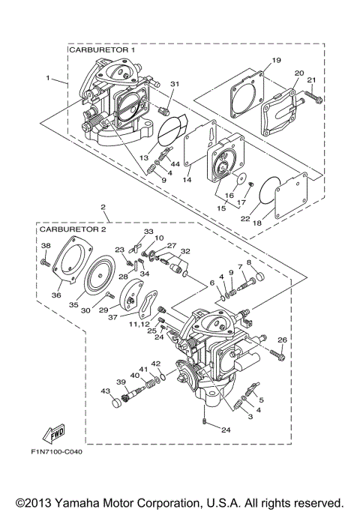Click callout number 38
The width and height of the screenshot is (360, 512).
tap(45, 247)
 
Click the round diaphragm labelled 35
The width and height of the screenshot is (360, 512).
tap(98, 271)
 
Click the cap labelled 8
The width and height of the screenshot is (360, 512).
tap(257, 280)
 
